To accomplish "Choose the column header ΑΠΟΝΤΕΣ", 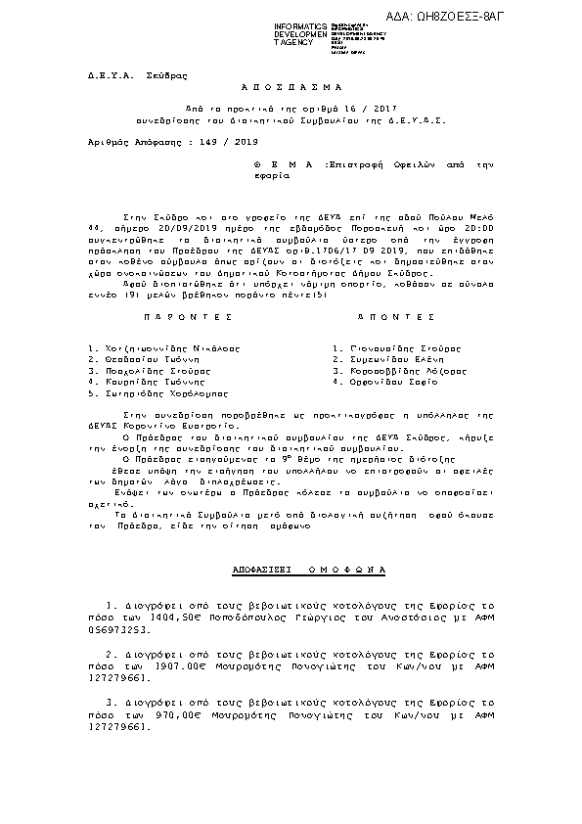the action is tap(395, 318).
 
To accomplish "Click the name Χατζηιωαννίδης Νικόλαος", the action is tap(163, 347).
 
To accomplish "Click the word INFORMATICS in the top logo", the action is tap(301, 24).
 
